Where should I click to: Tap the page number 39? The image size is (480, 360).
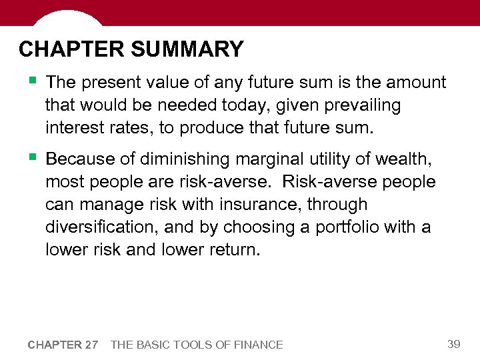point(454,344)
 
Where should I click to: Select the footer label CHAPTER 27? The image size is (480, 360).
point(63,345)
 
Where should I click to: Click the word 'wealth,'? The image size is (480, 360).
point(409,159)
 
